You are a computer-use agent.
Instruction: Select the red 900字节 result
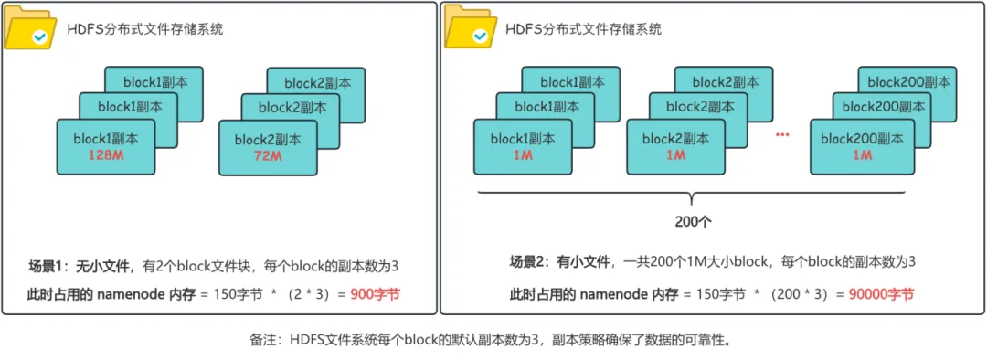tap(375, 294)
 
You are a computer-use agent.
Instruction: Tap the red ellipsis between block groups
tap(781, 135)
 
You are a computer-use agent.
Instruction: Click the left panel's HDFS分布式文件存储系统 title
tap(145, 29)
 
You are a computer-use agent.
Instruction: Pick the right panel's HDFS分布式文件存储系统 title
tap(584, 29)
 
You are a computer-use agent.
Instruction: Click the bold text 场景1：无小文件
tap(81, 267)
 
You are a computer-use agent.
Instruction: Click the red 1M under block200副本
tap(861, 155)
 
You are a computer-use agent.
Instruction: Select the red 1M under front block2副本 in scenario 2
tap(675, 155)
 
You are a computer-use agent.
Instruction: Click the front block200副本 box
tap(862, 146)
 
